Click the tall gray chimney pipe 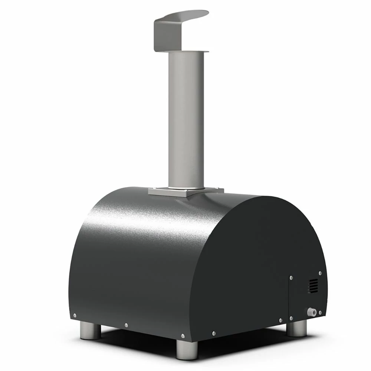[185, 122]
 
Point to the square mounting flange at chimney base [185, 192]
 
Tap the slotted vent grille [313, 286]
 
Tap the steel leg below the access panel [297, 328]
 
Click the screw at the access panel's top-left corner [291, 278]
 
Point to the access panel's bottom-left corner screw [291, 318]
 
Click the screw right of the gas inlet [320, 313]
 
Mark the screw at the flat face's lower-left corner [213, 333]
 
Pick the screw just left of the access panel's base [280, 320]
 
